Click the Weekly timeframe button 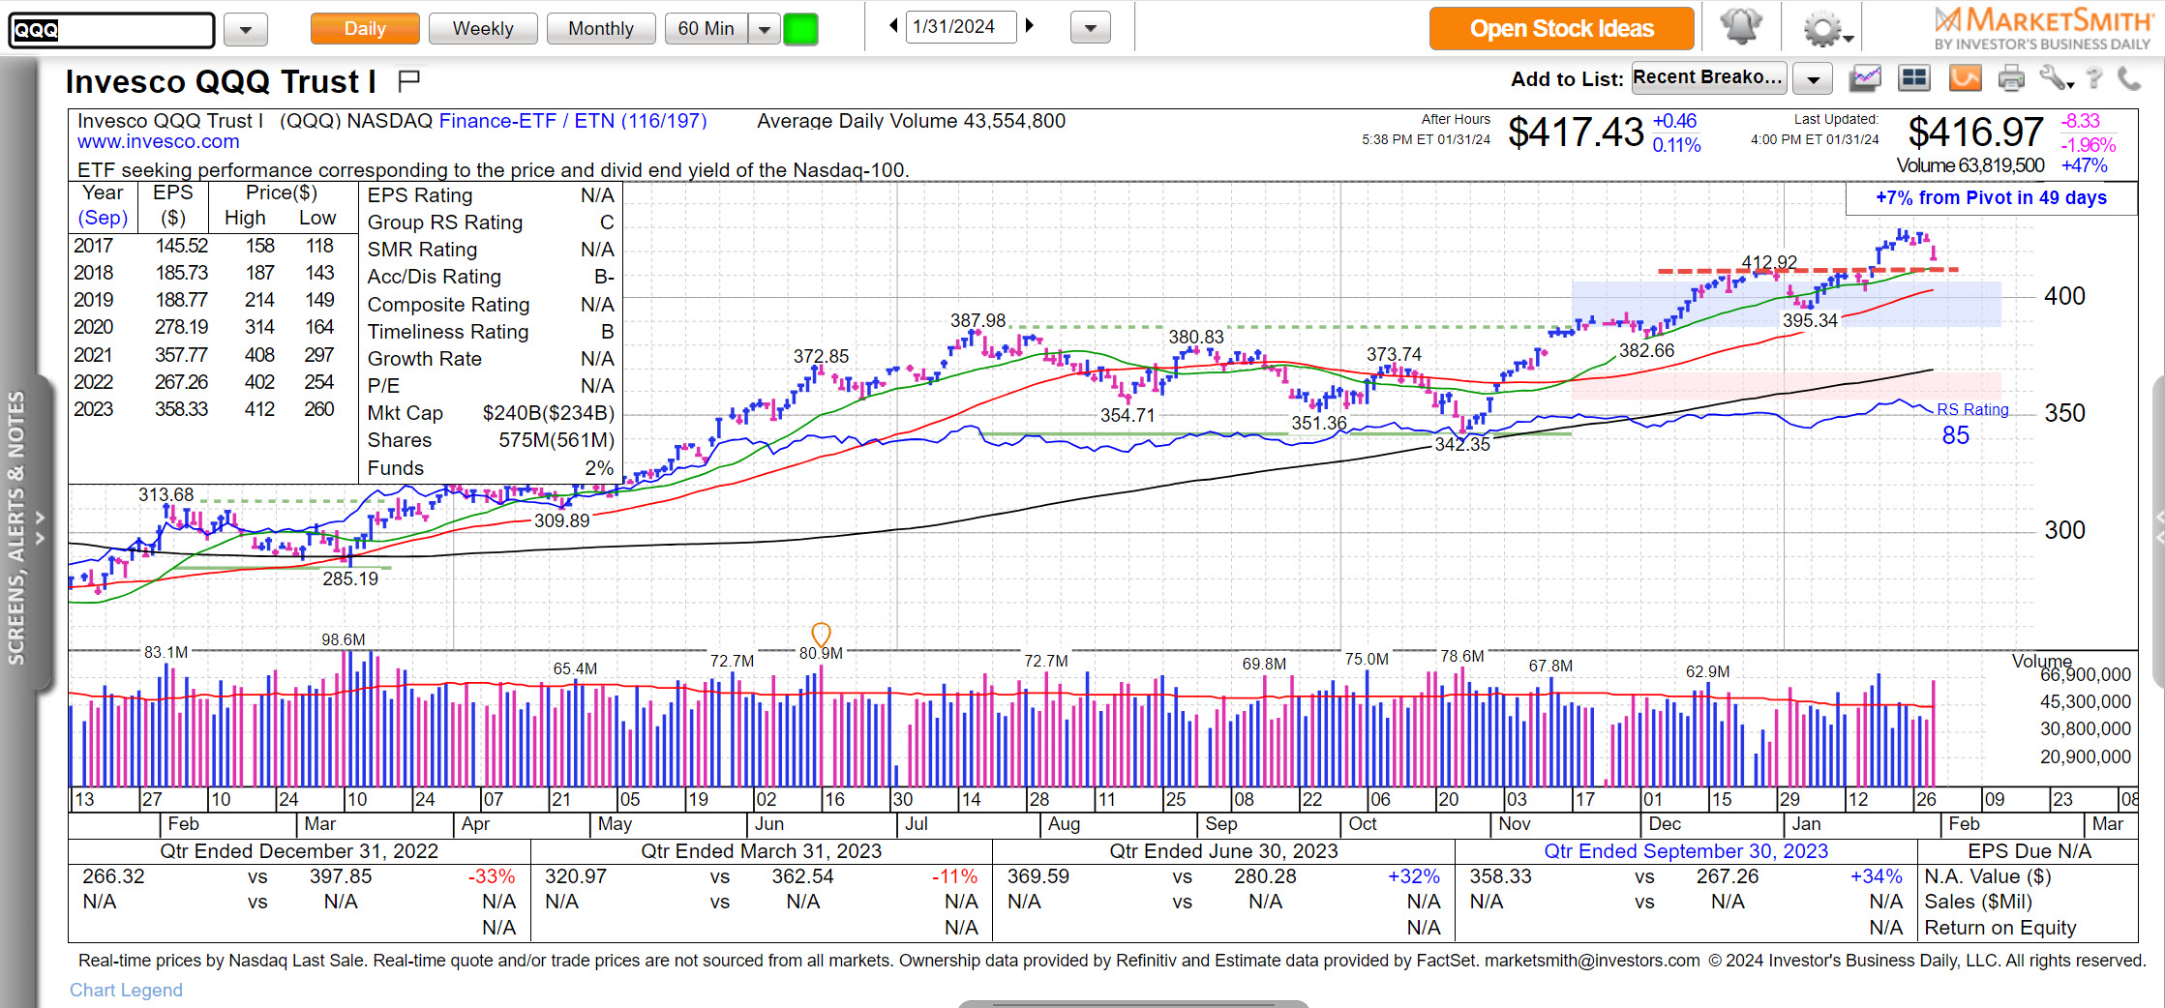482,29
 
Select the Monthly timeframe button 600,29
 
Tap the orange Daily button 364,29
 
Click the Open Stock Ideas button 1561,29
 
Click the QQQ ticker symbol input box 111,30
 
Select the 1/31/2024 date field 959,27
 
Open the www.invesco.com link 158,142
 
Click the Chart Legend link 126,990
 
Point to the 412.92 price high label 1768,262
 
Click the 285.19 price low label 350,578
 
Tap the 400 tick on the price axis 2063,296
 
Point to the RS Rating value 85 1955,435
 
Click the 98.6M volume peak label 344,639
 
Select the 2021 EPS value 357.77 181,355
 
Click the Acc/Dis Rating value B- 604,277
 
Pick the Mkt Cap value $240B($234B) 548,413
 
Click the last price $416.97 1975,133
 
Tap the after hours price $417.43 1576,133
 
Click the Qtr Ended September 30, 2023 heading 1685,851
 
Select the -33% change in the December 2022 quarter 492,876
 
